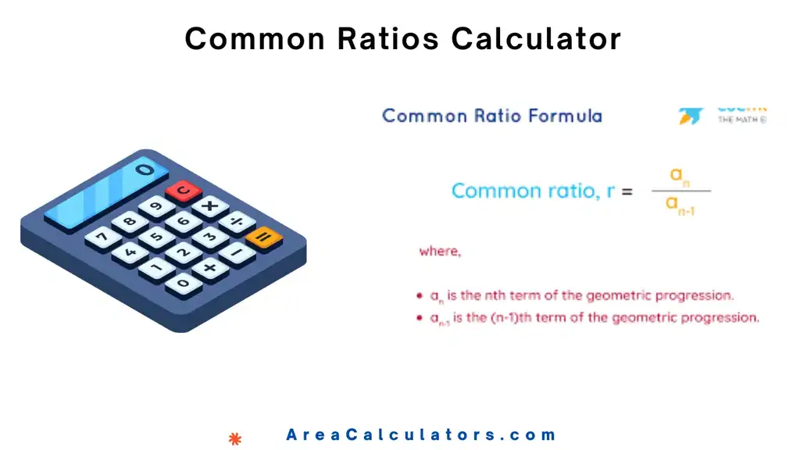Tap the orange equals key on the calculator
(264, 237)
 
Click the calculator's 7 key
(102, 237)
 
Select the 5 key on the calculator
(156, 237)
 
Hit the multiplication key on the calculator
(210, 206)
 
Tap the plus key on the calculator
(210, 268)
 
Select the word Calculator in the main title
(536, 38)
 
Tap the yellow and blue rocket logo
(691, 116)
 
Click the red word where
(440, 252)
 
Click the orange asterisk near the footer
(235, 439)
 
